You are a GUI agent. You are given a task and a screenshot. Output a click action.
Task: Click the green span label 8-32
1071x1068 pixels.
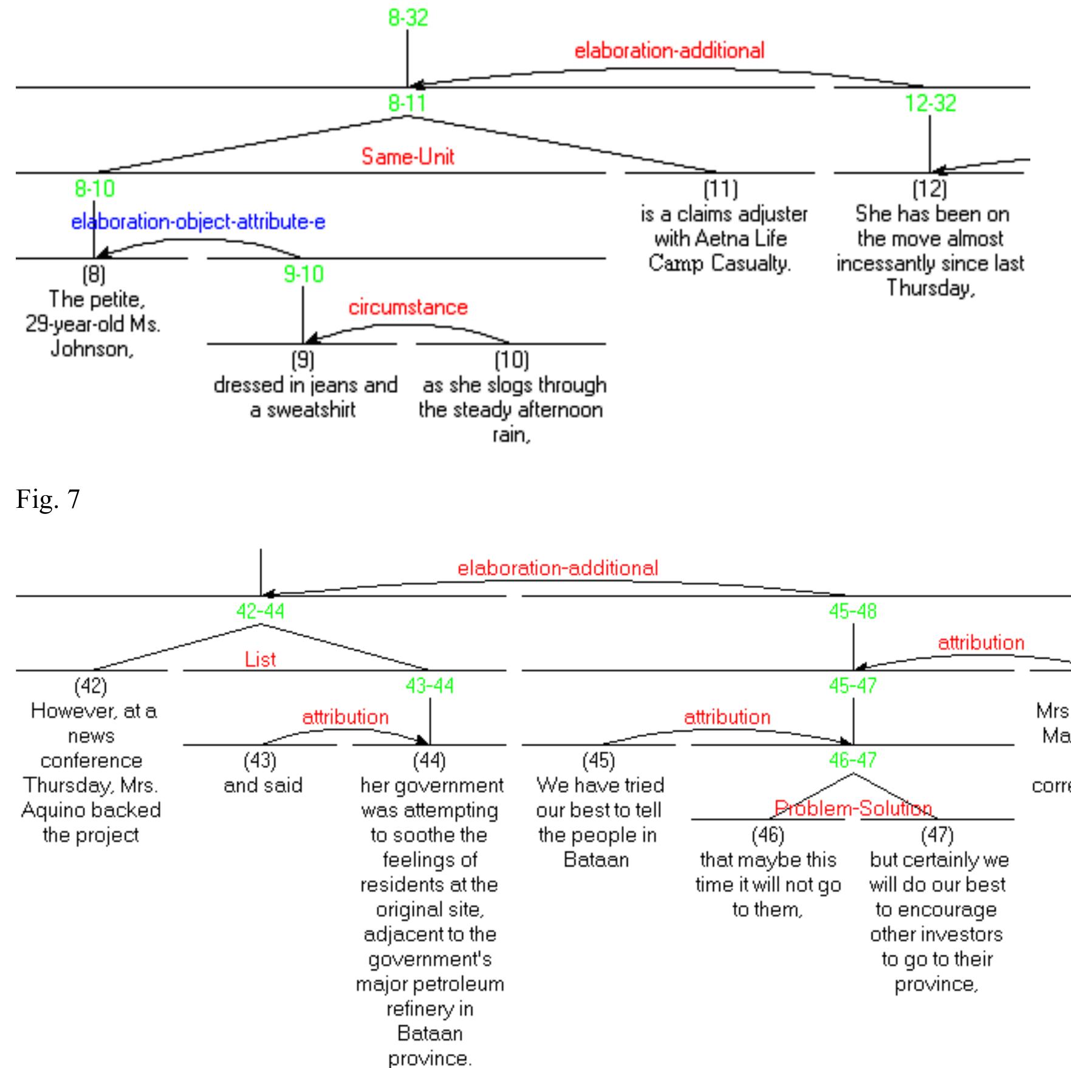[408, 18]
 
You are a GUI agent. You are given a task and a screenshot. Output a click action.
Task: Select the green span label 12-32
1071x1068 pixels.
[930, 103]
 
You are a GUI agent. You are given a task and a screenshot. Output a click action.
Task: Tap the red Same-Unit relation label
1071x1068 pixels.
[408, 157]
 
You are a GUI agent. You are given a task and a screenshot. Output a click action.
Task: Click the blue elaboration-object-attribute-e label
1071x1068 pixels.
[198, 222]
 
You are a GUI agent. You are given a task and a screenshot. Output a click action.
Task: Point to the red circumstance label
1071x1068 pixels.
[408, 307]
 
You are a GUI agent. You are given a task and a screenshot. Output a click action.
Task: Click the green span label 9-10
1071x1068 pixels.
[303, 275]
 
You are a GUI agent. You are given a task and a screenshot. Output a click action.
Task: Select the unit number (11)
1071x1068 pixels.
[720, 189]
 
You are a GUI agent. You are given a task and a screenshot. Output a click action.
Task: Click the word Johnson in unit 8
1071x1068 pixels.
[90, 349]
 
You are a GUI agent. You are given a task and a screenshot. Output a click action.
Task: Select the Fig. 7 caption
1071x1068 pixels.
[48, 499]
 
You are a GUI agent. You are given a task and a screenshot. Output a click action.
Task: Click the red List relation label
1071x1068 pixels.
[260, 659]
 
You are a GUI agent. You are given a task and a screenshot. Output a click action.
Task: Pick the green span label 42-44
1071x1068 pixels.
[260, 611]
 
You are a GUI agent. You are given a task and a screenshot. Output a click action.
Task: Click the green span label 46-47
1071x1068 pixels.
[853, 760]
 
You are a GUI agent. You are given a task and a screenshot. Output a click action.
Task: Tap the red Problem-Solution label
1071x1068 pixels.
[853, 809]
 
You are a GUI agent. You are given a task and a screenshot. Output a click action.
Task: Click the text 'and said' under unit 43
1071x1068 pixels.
[262, 786]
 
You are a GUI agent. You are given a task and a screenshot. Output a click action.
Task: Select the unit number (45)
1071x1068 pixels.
[598, 761]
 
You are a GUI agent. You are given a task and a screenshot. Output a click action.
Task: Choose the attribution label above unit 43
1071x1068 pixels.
[345, 717]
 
